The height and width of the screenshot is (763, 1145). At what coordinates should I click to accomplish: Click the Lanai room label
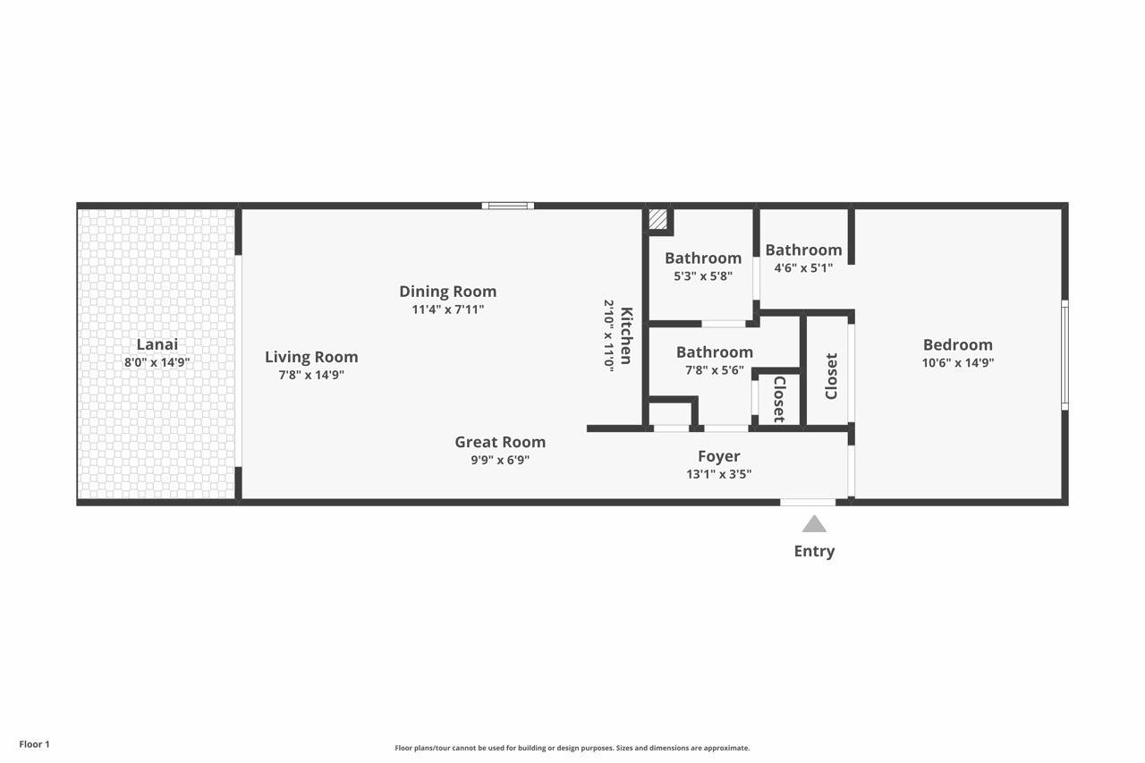coord(157,344)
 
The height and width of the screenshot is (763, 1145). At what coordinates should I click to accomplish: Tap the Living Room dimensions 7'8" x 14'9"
coord(311,375)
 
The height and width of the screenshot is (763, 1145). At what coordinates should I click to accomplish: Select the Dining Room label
coord(448,292)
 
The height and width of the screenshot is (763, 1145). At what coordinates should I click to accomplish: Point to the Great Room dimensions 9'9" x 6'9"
coord(500,460)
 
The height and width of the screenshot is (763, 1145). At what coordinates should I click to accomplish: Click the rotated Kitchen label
coord(626,335)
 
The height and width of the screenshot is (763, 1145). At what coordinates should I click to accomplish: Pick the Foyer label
coord(718,456)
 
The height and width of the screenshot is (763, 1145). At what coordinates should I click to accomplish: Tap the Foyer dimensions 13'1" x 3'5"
coord(718,474)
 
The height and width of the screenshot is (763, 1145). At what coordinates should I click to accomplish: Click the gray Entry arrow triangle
coord(814,524)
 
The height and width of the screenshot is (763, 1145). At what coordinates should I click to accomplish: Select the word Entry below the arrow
coord(814,551)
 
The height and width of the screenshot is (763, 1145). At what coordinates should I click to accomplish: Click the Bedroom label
coord(958,345)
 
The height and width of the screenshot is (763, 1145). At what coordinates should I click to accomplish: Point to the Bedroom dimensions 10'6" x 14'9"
coord(958,363)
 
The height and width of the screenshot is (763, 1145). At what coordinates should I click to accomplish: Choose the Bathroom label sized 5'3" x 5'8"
coord(703,259)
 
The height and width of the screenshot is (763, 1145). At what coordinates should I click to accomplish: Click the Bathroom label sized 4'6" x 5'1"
coord(803,250)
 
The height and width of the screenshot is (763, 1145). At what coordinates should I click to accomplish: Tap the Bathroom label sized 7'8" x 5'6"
coord(715,352)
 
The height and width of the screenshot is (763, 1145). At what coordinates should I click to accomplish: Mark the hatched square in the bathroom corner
coord(657,219)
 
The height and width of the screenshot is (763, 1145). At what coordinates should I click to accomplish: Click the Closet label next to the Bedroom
coord(831,377)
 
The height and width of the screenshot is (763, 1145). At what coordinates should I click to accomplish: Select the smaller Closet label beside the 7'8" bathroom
coord(779,400)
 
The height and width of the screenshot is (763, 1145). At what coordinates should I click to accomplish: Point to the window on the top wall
coord(507,206)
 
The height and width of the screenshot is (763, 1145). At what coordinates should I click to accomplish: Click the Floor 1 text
coord(34,744)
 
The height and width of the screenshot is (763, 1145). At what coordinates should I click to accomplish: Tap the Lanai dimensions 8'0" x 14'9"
coord(157,362)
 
